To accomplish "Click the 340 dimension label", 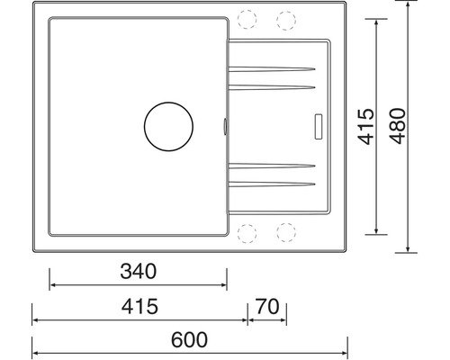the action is click(139, 271).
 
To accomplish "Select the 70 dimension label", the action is click(267, 307).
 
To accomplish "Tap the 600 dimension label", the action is click(189, 339).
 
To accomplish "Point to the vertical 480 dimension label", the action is click(398, 126).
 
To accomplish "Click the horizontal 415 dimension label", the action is click(139, 306).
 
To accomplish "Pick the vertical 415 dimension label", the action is click(366, 126).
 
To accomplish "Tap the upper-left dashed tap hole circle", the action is click(247, 19).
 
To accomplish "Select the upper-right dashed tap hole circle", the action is click(286, 21).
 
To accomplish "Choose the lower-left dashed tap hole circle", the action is click(247, 233).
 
